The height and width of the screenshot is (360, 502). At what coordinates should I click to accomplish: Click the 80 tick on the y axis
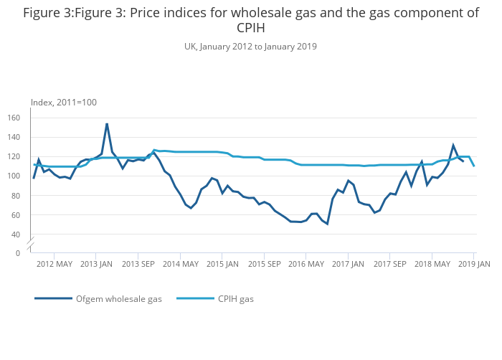(x=24, y=195)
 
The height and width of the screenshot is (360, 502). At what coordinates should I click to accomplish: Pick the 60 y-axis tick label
(x=24, y=214)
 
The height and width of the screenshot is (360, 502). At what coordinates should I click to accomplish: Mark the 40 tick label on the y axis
(x=24, y=234)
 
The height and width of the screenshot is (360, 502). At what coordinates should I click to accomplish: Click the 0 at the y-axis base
(x=26, y=253)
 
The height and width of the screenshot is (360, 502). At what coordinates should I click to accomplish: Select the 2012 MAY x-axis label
(x=55, y=264)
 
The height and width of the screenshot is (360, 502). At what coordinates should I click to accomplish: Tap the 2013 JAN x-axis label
(x=96, y=264)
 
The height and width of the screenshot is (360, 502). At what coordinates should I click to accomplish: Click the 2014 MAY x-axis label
(x=180, y=264)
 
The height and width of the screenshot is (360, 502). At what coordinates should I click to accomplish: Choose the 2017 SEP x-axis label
(x=389, y=264)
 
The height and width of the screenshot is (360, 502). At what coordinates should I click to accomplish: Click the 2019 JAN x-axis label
(x=473, y=264)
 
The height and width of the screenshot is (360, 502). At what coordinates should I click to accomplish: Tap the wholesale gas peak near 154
(x=107, y=124)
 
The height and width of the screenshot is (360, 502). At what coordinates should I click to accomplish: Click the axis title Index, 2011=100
(x=63, y=103)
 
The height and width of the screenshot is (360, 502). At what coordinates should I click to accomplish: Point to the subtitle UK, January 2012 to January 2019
(x=250, y=47)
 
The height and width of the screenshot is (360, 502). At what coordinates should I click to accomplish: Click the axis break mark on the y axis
(x=30, y=243)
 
